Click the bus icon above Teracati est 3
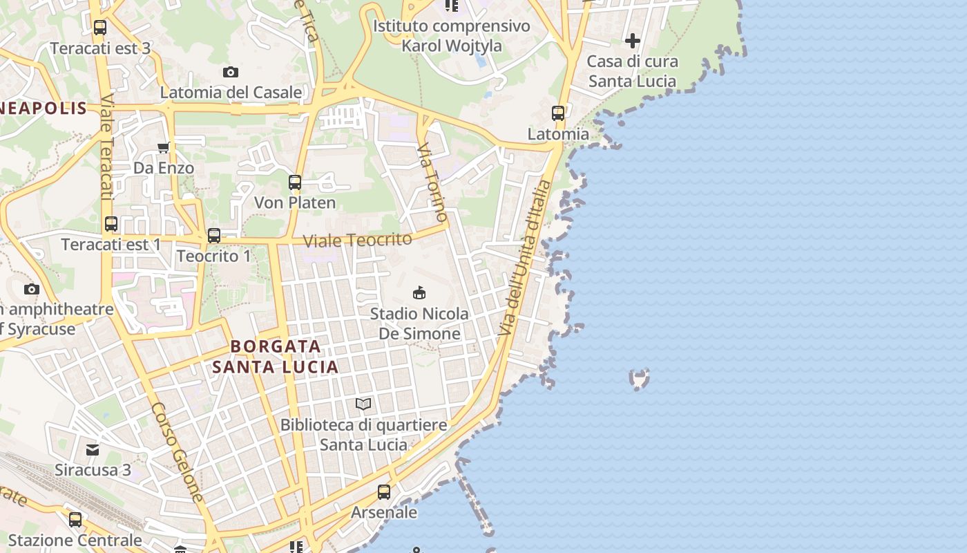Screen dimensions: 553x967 (x=100, y=28)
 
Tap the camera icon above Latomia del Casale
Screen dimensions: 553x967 (x=231, y=72)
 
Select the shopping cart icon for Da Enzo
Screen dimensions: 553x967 (x=164, y=147)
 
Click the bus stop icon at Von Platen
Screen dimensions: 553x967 (x=295, y=182)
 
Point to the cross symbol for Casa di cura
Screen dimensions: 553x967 (x=633, y=41)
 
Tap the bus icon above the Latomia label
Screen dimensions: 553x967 (x=558, y=113)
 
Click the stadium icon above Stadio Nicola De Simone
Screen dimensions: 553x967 (x=419, y=292)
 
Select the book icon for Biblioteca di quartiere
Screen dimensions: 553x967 (x=363, y=404)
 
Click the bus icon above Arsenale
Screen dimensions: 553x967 (x=384, y=492)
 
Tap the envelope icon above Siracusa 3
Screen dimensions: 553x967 (x=93, y=450)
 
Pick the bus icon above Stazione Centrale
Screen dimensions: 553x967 (x=75, y=519)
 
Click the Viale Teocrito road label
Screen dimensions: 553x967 (x=358, y=241)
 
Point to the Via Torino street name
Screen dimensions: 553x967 (x=432, y=182)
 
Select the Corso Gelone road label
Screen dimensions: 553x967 (x=178, y=452)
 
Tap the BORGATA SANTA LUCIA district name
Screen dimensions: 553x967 (x=276, y=356)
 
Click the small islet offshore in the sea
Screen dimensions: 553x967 (x=640, y=379)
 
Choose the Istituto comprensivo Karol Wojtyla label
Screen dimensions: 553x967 (x=452, y=36)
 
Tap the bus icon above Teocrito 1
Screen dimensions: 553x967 (x=214, y=236)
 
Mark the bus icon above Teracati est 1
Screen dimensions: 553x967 (x=111, y=224)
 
